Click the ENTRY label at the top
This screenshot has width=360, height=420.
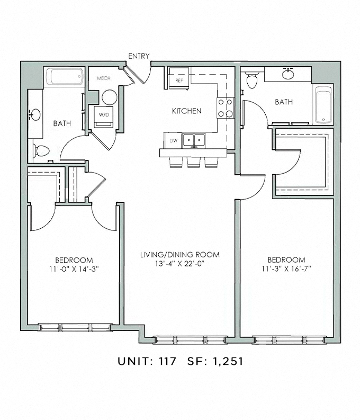[x=139, y=56]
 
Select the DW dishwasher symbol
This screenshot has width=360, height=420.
[x=173, y=141]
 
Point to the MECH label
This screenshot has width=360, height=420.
[x=102, y=78]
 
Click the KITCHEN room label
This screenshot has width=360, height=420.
[x=186, y=111]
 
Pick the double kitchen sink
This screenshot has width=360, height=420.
[x=194, y=141]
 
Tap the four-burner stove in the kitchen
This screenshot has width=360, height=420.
[x=225, y=108]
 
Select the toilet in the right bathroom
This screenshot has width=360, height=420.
[x=253, y=80]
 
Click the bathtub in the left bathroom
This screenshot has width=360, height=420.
[x=64, y=77]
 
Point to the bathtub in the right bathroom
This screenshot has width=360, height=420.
[x=322, y=104]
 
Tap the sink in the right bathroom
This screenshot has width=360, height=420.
[x=289, y=74]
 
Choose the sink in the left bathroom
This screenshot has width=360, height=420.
[x=35, y=114]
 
